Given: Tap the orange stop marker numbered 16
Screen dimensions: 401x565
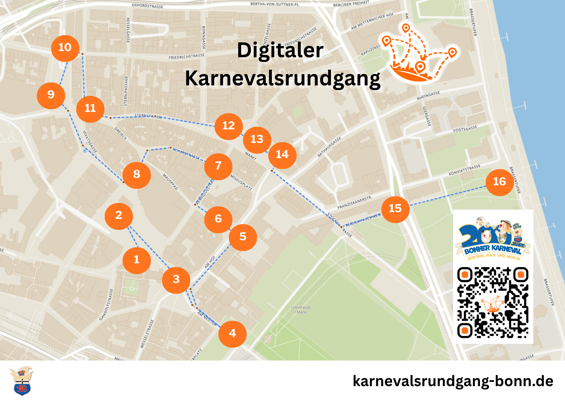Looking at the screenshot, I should (499, 182).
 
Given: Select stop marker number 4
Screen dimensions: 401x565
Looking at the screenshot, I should (232, 334).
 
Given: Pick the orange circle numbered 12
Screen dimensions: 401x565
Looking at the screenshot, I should (229, 126).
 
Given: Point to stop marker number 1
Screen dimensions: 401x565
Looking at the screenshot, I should (136, 260).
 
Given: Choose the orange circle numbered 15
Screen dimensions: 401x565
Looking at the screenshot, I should (395, 209).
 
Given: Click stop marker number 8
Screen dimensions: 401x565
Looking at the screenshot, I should (136, 175).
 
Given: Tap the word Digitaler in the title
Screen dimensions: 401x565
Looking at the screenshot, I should (280, 50).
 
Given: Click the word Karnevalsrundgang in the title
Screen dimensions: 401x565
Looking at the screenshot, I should (282, 79).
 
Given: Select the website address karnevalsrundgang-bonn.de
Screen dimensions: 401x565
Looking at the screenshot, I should (453, 381).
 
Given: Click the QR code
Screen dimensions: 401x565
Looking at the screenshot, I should (493, 302).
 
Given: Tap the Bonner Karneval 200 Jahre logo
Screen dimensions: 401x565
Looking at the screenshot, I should (493, 239).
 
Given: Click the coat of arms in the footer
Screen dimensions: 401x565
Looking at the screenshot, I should (22, 381).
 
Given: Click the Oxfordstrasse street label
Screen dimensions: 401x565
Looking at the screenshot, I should (147, 6).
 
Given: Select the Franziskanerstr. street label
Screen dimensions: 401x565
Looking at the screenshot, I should (355, 202).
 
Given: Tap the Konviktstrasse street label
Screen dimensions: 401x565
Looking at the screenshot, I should (464, 170).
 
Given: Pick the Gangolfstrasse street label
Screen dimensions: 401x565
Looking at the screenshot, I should (106, 304).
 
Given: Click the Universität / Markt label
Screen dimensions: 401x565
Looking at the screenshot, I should (301, 310).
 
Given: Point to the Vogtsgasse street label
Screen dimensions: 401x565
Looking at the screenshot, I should (465, 129).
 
